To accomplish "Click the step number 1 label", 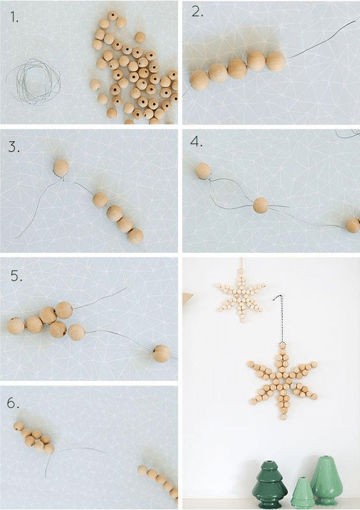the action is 14,17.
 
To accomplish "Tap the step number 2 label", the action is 198,11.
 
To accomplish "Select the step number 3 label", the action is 14,147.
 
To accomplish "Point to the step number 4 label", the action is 196,142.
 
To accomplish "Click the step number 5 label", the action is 16,276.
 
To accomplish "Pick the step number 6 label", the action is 13,403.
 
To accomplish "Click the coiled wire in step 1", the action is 33,81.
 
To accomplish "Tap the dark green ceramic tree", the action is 270,484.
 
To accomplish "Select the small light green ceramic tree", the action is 301,493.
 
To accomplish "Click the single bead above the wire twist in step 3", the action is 61,167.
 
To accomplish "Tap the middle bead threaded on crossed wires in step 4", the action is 261,206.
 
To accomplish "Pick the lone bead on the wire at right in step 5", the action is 161,354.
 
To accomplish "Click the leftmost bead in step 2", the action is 199,80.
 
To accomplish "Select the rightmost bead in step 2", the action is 276,61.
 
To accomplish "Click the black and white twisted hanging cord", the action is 280,318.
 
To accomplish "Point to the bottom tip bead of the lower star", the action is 283,417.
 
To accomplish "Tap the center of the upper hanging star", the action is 241,297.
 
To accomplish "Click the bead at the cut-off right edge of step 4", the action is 353,225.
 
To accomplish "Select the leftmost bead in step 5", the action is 16,326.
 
